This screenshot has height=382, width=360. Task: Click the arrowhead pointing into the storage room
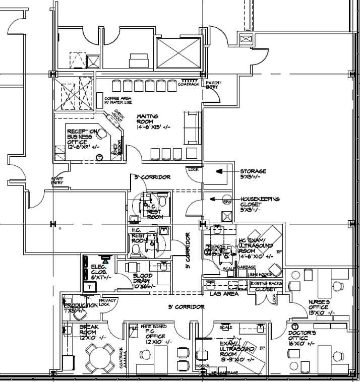click(x=219, y=171)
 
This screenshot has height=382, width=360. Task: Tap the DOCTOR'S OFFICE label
click(x=302, y=338)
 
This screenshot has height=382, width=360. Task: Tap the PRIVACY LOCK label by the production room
click(x=108, y=302)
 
